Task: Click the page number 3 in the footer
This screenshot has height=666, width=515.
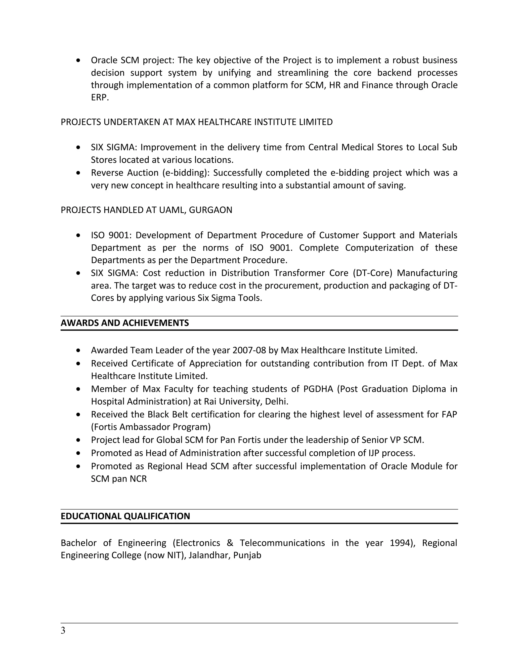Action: [63, 631]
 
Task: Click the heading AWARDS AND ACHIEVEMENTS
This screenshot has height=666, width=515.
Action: [125, 323]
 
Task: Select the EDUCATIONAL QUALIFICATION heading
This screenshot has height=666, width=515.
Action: [125, 516]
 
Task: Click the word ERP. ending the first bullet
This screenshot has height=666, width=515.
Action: [100, 98]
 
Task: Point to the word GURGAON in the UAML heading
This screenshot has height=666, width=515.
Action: [210, 210]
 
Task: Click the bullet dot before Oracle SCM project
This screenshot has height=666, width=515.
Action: [79, 60]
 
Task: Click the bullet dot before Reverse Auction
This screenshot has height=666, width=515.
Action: [79, 173]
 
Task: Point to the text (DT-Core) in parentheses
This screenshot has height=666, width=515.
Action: [372, 273]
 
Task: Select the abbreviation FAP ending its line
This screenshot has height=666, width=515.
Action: [449, 415]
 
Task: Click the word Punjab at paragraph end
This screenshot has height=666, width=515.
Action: [247, 555]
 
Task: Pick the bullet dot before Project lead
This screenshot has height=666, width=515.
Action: [79, 440]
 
